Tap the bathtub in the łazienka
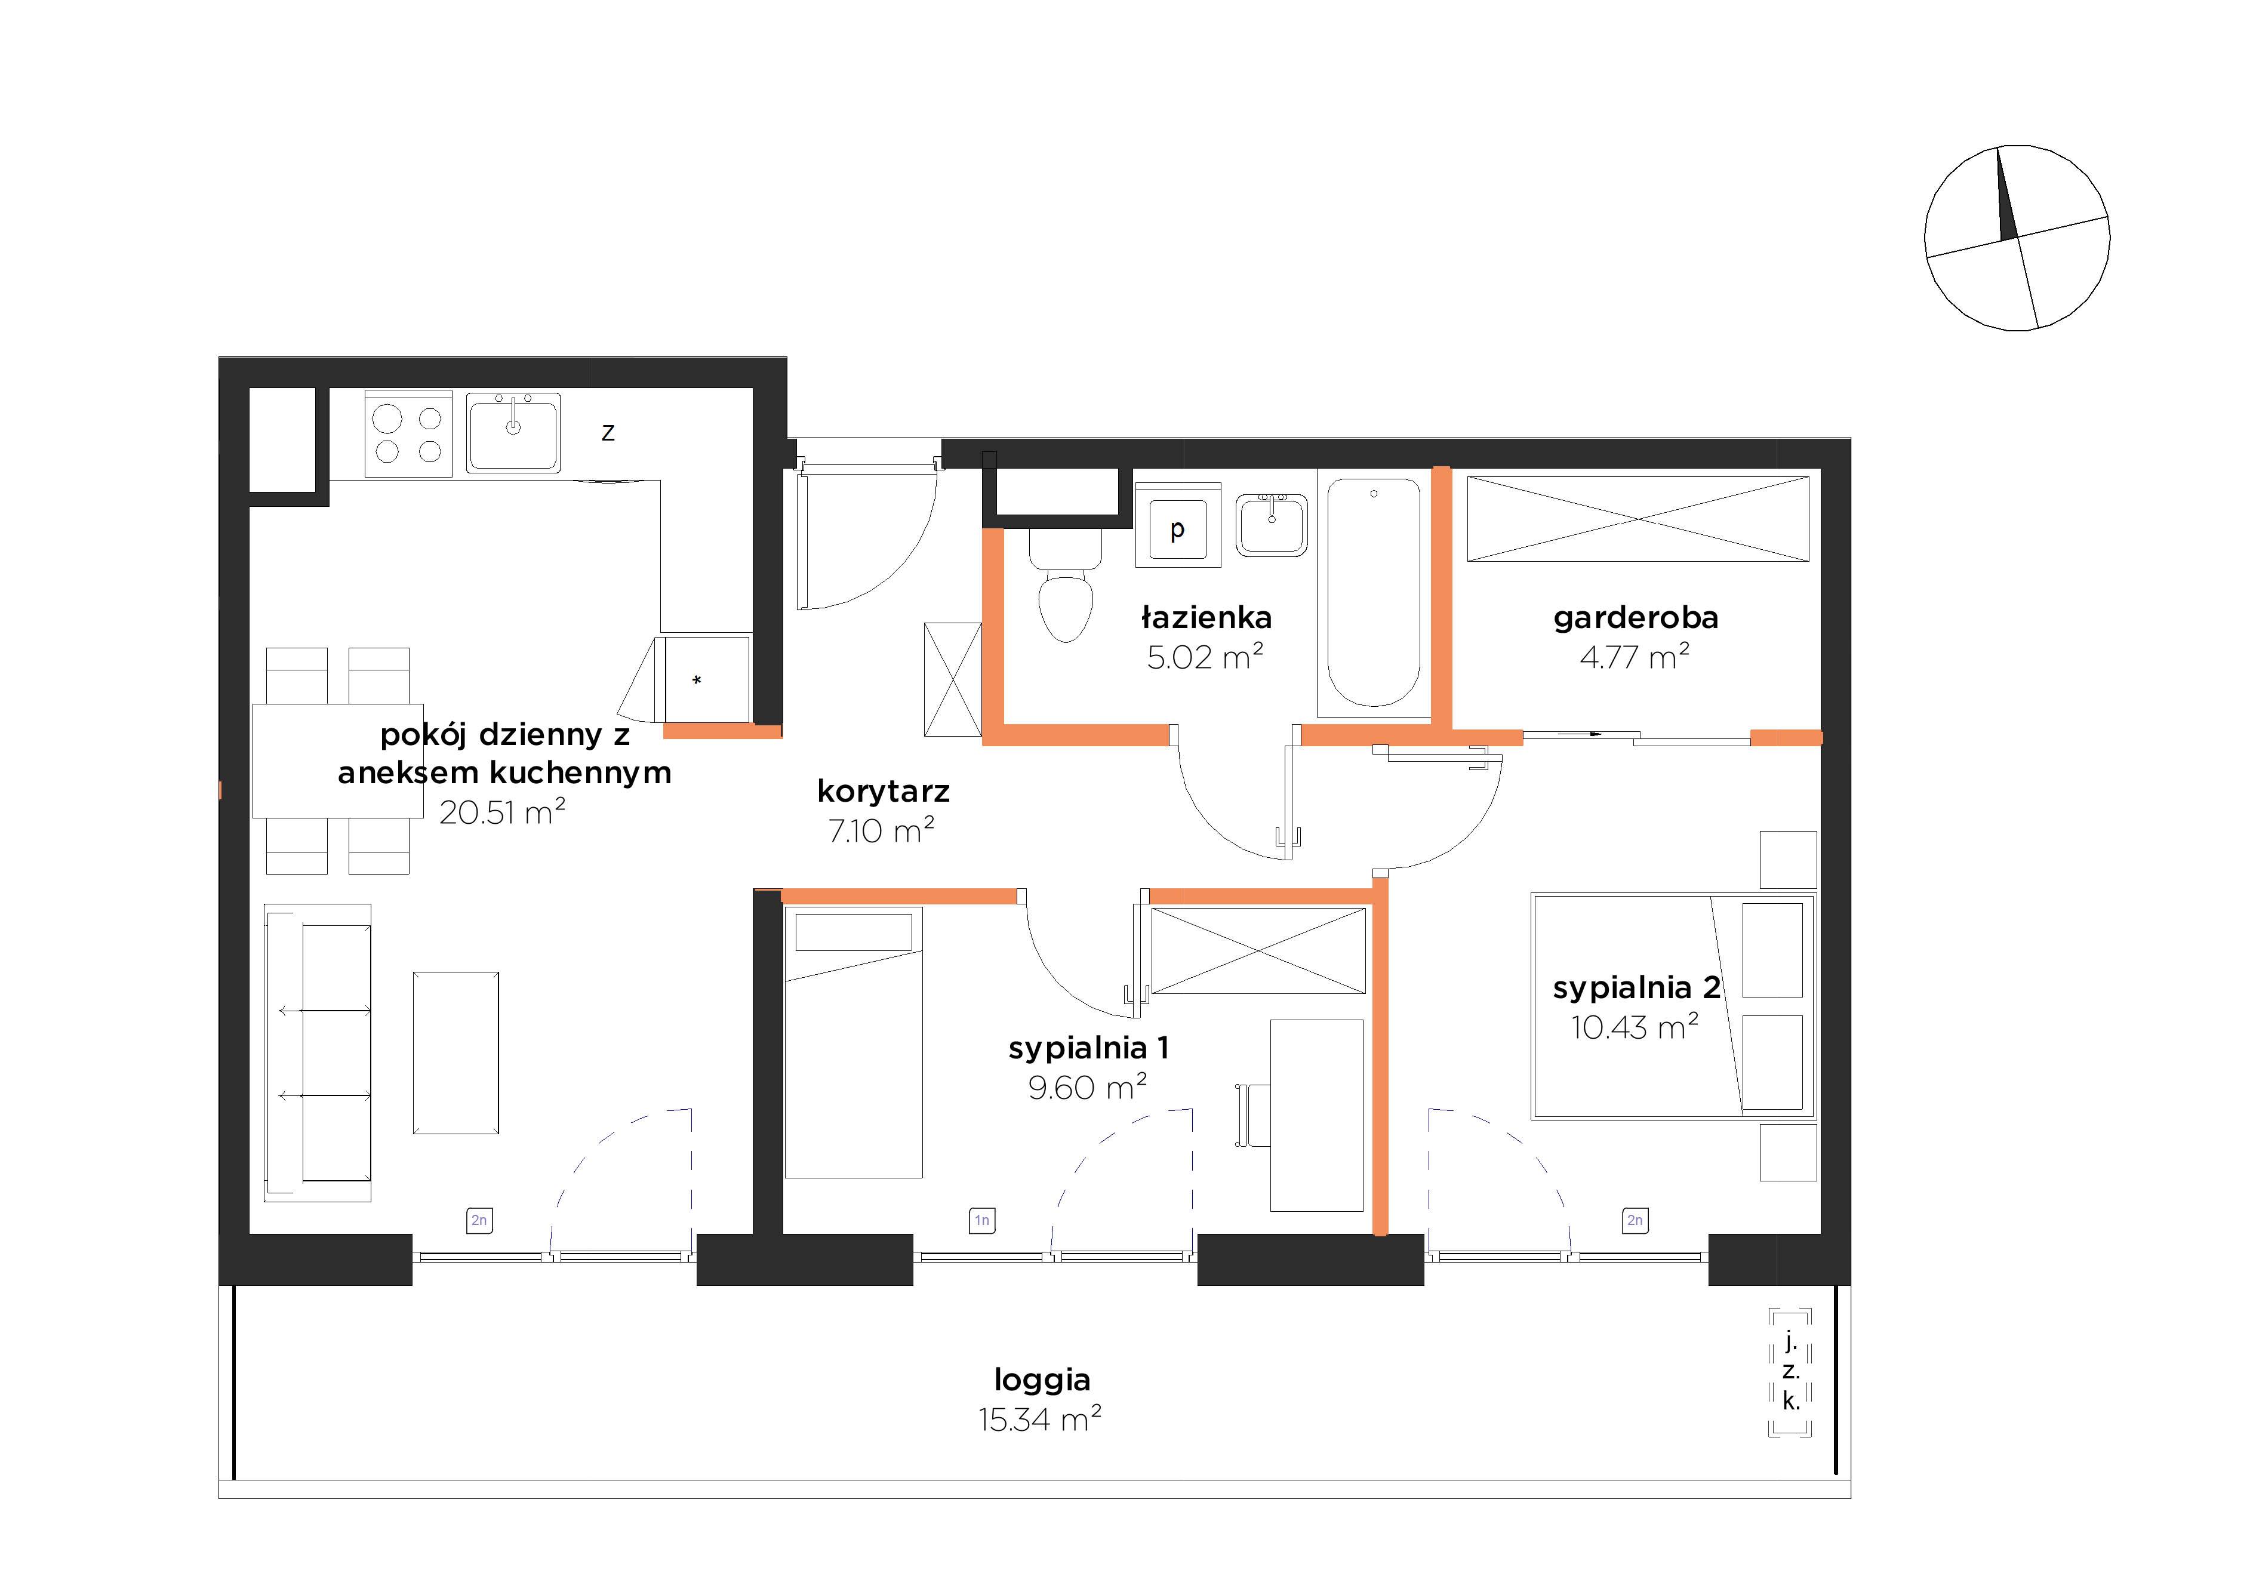[1373, 593]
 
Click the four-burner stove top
[408, 434]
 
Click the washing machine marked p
[1177, 524]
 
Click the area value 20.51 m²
[503, 811]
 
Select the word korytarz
[883, 791]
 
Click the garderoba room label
[1636, 617]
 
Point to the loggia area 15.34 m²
[1040, 1419]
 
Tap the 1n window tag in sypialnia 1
[982, 1220]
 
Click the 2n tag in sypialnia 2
[1635, 1220]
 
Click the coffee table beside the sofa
[456, 1053]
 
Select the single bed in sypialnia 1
[854, 1042]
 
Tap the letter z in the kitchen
[608, 433]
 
